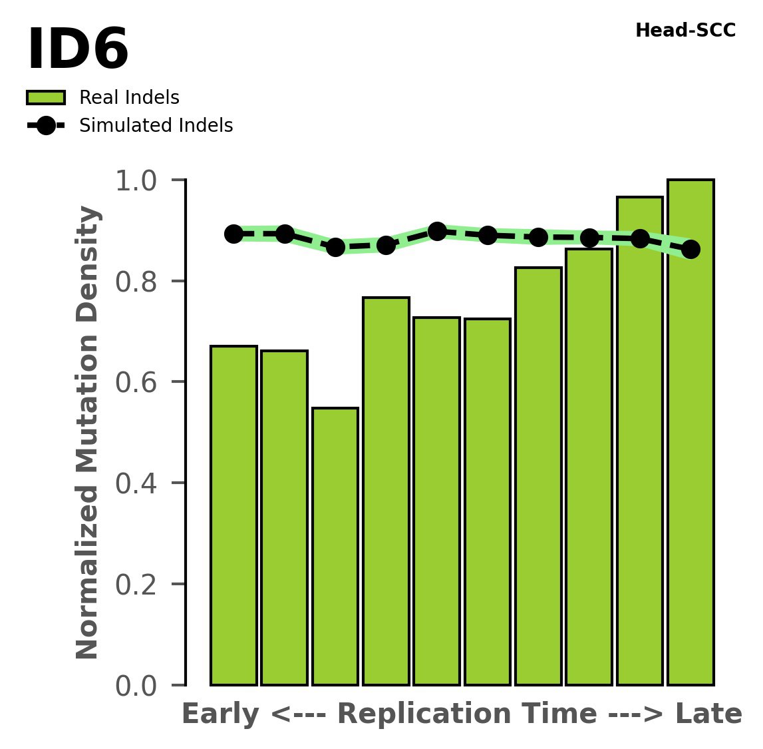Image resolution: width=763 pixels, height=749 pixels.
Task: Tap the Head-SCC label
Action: pos(685,31)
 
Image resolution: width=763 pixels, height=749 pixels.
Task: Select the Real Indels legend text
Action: pos(129,98)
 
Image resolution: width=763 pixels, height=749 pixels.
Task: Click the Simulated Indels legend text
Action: pos(156,126)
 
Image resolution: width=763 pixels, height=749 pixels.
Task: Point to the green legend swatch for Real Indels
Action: pos(45,98)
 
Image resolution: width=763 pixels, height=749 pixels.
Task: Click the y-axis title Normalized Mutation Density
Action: pos(88,432)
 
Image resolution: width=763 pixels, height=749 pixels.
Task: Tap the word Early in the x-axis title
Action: pos(220,714)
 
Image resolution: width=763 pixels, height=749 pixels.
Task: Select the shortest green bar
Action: pos(335,546)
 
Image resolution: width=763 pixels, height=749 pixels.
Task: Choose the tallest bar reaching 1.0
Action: pos(690,433)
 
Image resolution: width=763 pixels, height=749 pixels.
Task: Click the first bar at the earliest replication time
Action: pos(233,515)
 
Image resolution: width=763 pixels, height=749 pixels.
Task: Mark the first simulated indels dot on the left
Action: pos(233,234)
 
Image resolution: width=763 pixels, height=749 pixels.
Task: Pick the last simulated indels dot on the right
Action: pos(690,249)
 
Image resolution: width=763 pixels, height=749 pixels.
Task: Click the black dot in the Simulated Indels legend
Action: pos(45,126)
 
